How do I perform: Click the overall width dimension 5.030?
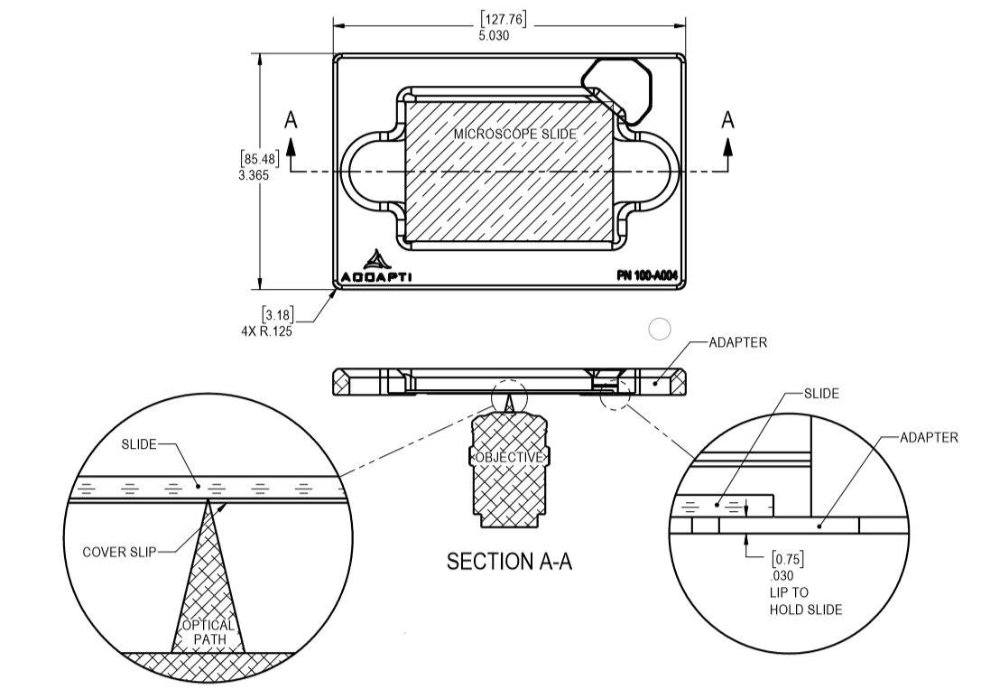point(495,36)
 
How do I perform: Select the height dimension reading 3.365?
point(254,175)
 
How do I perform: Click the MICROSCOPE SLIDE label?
point(514,134)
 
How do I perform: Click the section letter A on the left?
point(291,120)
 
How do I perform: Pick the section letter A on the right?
point(727,120)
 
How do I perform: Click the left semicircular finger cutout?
point(370,172)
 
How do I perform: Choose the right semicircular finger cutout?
point(650,172)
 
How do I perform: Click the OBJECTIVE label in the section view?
point(509,457)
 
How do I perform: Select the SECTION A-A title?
point(509,562)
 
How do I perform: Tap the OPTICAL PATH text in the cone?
point(208,632)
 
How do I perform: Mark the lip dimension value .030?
point(781,574)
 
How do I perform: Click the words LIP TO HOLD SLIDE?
point(805,601)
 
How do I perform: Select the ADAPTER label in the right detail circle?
point(929,437)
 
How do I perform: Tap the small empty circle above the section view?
point(660,330)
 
